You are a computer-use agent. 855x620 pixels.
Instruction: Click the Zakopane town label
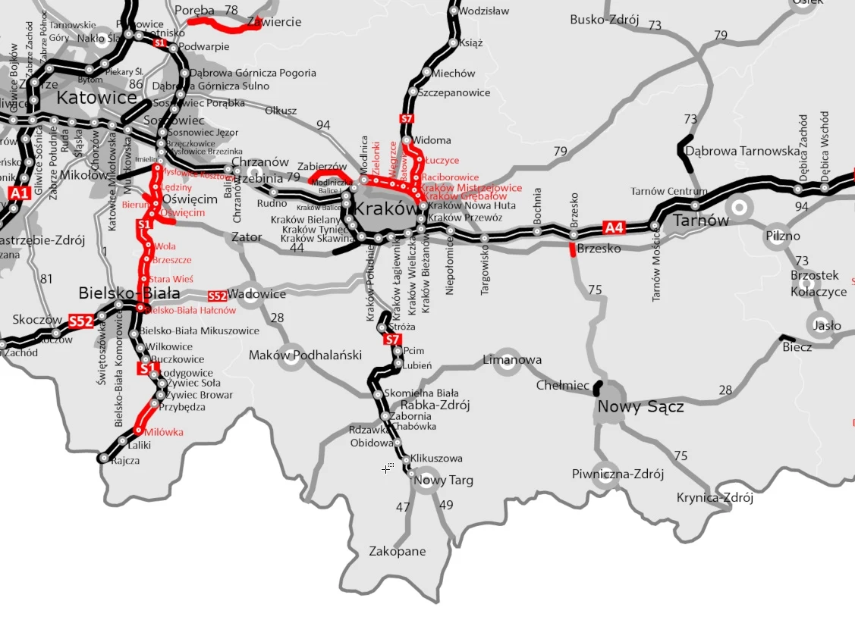pyautogui.click(x=397, y=551)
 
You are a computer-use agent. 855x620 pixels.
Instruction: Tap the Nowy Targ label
pyautogui.click(x=444, y=480)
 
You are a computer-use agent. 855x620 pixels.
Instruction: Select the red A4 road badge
pyautogui.click(x=613, y=227)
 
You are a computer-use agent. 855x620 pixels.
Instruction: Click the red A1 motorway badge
pyautogui.click(x=19, y=194)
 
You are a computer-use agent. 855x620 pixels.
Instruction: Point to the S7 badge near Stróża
pyautogui.click(x=392, y=340)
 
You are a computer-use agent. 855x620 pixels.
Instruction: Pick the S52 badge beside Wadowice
pyautogui.click(x=217, y=296)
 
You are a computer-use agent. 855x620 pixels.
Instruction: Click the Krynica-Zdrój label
pyautogui.click(x=715, y=498)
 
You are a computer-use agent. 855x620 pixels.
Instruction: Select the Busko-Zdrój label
pyautogui.click(x=605, y=20)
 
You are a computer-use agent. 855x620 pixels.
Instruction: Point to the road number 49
pyautogui.click(x=446, y=506)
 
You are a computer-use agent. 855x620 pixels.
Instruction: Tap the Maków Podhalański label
pyautogui.click(x=305, y=355)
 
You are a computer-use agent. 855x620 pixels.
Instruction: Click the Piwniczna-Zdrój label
pyautogui.click(x=618, y=474)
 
